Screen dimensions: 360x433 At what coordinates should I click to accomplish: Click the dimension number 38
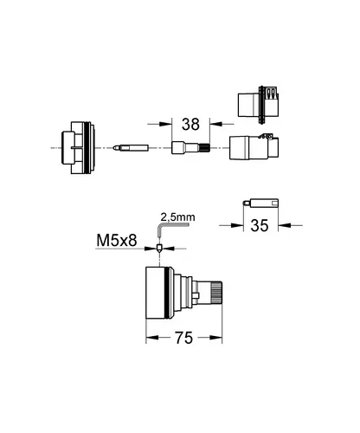(190, 125)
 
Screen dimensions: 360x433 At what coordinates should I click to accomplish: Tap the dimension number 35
(260, 225)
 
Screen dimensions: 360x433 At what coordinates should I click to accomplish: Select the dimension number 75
(183, 338)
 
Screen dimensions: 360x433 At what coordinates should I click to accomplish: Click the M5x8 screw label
(117, 240)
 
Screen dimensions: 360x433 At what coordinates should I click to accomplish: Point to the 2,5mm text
(177, 217)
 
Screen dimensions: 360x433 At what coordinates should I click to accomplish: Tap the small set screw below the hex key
(159, 249)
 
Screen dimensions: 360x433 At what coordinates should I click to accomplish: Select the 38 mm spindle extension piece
(190, 147)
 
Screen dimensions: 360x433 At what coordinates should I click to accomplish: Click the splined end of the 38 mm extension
(205, 147)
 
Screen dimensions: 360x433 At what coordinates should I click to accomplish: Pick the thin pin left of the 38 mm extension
(131, 147)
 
